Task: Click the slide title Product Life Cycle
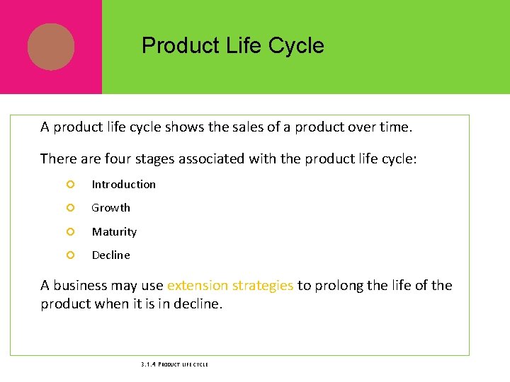[232, 46]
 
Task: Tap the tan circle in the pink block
[51, 47]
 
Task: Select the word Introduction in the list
[123, 185]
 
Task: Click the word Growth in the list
[110, 208]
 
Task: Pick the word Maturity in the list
[114, 232]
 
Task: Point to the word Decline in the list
[110, 255]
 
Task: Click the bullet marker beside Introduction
[69, 185]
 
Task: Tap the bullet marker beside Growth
[69, 208]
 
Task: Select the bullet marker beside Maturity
[69, 232]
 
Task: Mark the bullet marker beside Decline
[69, 255]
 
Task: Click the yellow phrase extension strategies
[229, 286]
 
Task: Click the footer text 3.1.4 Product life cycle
[174, 364]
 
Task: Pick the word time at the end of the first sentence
[396, 127]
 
